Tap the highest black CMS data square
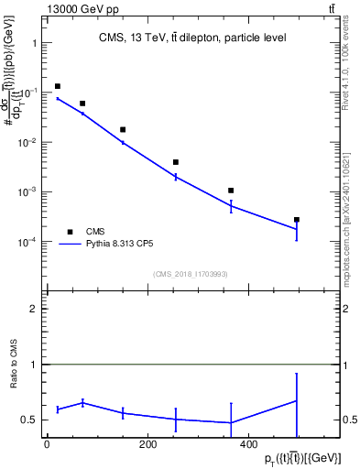point(57,86)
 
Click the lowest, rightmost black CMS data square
point(296,220)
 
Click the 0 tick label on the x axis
point(47,445)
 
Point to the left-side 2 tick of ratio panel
point(34,309)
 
